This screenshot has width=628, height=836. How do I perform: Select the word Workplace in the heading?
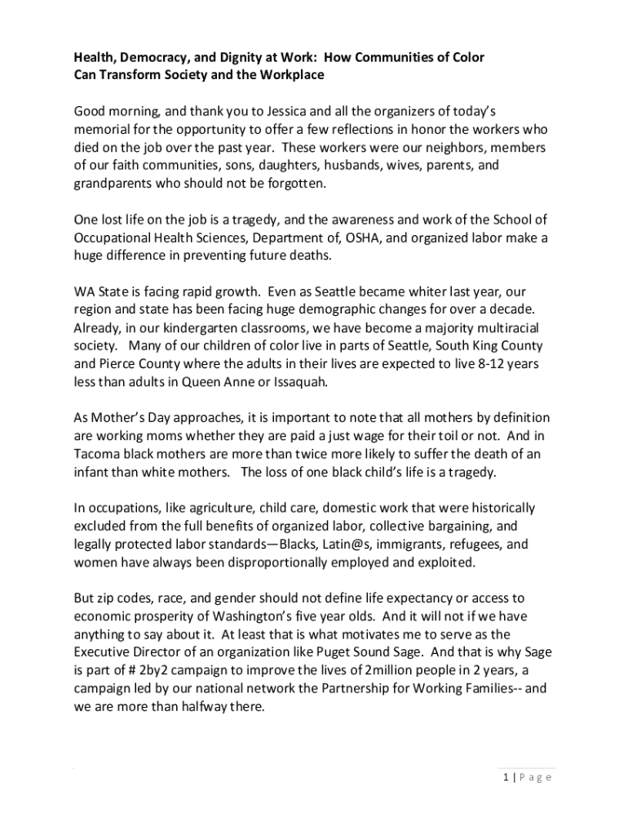pos(285,75)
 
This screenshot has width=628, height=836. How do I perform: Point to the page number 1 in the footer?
pos(506,777)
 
